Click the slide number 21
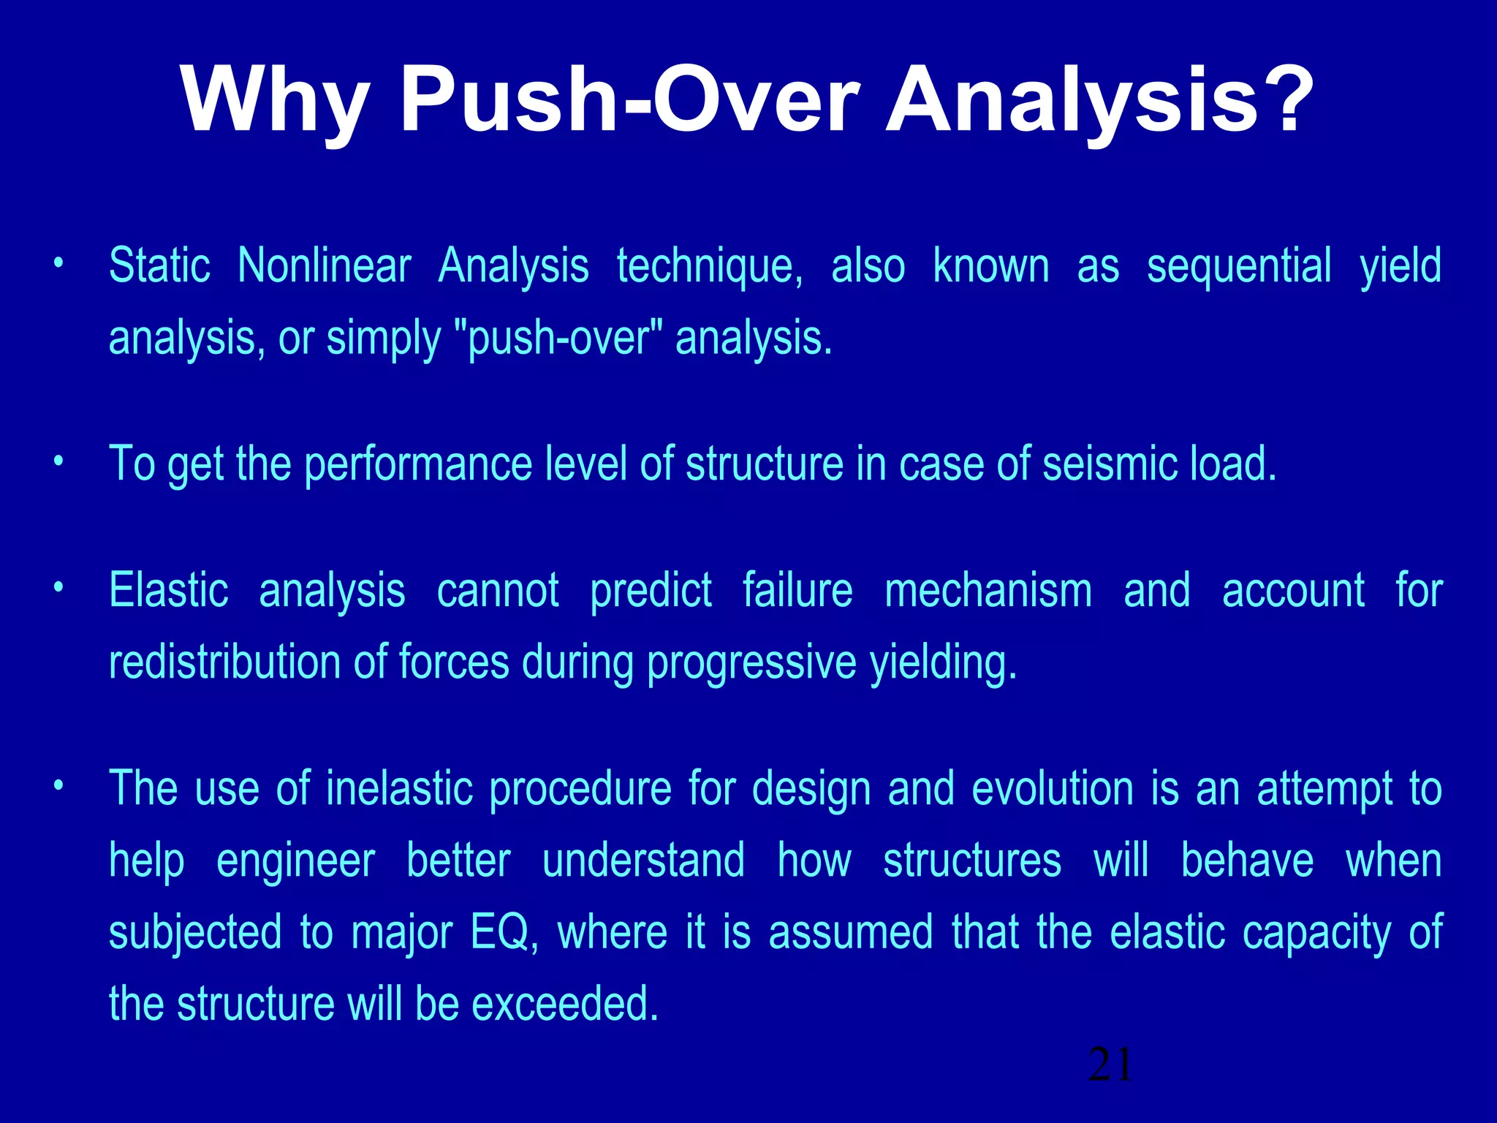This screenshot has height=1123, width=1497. tap(1110, 1065)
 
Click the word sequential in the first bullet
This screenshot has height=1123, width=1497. tap(1239, 267)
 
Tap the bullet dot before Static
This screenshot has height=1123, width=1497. tap(58, 263)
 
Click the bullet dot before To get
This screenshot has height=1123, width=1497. tap(58, 462)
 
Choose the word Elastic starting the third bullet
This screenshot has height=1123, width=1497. tap(168, 590)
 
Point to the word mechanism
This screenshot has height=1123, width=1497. tap(988, 590)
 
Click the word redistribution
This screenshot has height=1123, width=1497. tap(224, 662)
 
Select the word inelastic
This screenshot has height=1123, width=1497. tap(399, 789)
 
